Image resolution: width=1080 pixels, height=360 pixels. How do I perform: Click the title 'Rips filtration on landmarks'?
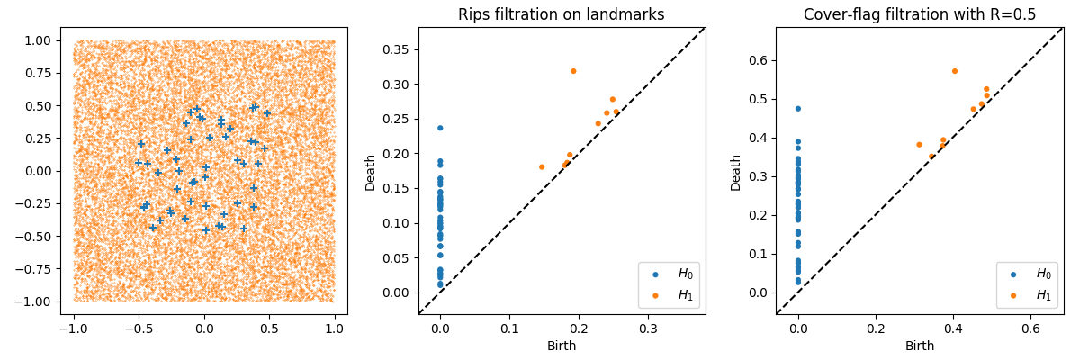pyautogui.click(x=562, y=14)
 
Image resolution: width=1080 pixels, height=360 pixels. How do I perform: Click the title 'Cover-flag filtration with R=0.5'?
pyautogui.click(x=919, y=14)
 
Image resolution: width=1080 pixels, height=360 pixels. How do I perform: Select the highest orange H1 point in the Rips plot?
pyautogui.click(x=573, y=71)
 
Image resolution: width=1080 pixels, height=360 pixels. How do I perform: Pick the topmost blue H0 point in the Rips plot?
pyautogui.click(x=440, y=128)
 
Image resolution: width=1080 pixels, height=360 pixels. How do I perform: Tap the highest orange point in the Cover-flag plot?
pyautogui.click(x=955, y=71)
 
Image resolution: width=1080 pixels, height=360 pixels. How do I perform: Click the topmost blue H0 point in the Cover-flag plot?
pyautogui.click(x=797, y=109)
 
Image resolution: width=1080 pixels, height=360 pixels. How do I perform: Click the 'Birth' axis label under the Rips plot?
pyautogui.click(x=562, y=346)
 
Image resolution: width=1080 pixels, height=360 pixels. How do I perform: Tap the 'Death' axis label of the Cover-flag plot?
pyautogui.click(x=736, y=171)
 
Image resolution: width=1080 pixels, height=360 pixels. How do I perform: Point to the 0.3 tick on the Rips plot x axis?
pyautogui.click(x=648, y=329)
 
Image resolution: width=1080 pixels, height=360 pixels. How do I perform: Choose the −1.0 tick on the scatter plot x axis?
pyautogui.click(x=74, y=329)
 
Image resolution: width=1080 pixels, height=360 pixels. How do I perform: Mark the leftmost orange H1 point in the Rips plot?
pyautogui.click(x=542, y=166)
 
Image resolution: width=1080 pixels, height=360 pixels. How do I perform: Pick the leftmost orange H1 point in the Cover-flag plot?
pyautogui.click(x=919, y=145)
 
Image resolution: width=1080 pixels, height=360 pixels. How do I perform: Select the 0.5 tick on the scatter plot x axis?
pyautogui.click(x=269, y=329)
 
